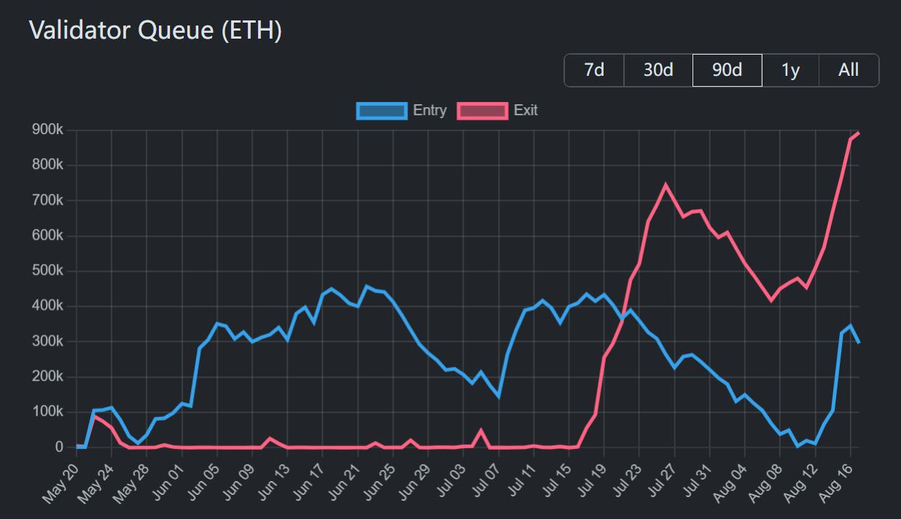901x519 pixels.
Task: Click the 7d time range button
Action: point(594,70)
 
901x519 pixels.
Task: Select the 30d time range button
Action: point(658,70)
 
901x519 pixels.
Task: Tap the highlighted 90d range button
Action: point(727,70)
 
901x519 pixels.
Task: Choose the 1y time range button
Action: point(790,70)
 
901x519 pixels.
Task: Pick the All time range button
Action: point(849,70)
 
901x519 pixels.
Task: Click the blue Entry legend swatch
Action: point(381,111)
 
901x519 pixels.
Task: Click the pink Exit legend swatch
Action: point(482,111)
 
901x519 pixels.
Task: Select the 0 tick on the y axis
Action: point(59,447)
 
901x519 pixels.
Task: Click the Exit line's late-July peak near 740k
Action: point(666,184)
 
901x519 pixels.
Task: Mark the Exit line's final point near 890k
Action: point(859,133)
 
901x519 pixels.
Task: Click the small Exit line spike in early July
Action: point(481,430)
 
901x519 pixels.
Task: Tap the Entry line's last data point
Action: point(859,342)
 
